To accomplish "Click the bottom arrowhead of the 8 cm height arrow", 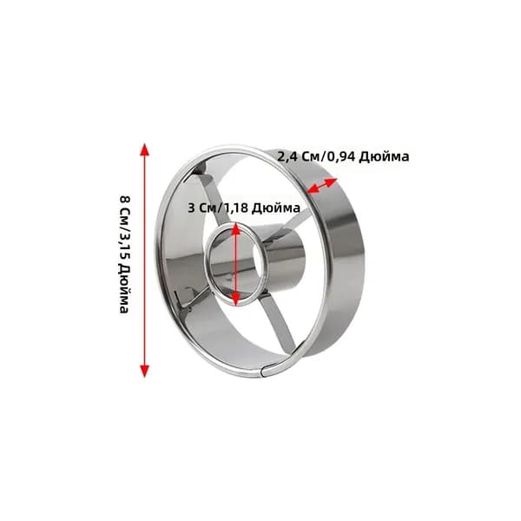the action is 144,371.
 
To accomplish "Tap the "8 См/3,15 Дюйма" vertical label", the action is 124,254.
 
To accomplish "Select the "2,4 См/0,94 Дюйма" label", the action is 343,156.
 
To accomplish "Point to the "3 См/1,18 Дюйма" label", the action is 244,208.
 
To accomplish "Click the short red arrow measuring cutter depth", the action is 322,186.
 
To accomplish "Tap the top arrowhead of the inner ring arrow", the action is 235,228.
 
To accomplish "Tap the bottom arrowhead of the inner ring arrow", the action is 235,300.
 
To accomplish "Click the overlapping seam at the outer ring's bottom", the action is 266,372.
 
